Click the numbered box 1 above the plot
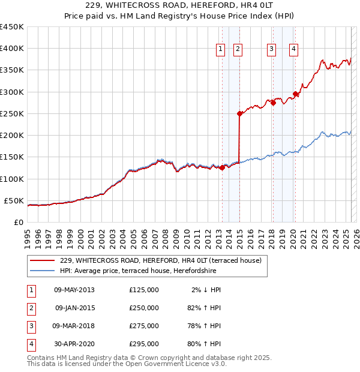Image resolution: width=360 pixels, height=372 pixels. coord(221,49)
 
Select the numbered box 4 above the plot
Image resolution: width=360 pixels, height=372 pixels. coord(294,49)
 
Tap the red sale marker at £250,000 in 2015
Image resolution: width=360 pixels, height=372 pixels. coord(239,113)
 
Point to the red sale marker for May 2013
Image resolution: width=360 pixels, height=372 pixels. coord(222,168)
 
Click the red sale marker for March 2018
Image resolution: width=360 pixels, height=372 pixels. coord(273,103)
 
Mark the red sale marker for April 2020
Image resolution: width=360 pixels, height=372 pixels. coord(295,94)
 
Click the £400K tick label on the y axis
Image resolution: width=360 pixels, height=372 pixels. coord(12,49)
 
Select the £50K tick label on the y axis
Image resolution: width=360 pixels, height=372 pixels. coord(14,200)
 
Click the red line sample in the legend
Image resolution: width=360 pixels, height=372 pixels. coord(42,261)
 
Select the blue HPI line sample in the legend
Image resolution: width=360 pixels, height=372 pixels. coord(42,271)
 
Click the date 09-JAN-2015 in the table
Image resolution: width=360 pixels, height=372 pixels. coord(75,308)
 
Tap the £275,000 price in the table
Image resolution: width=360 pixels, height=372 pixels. coord(144,326)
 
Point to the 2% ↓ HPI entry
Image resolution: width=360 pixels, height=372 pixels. coord(206,290)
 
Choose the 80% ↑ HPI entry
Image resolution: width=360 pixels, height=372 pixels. coord(205,344)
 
